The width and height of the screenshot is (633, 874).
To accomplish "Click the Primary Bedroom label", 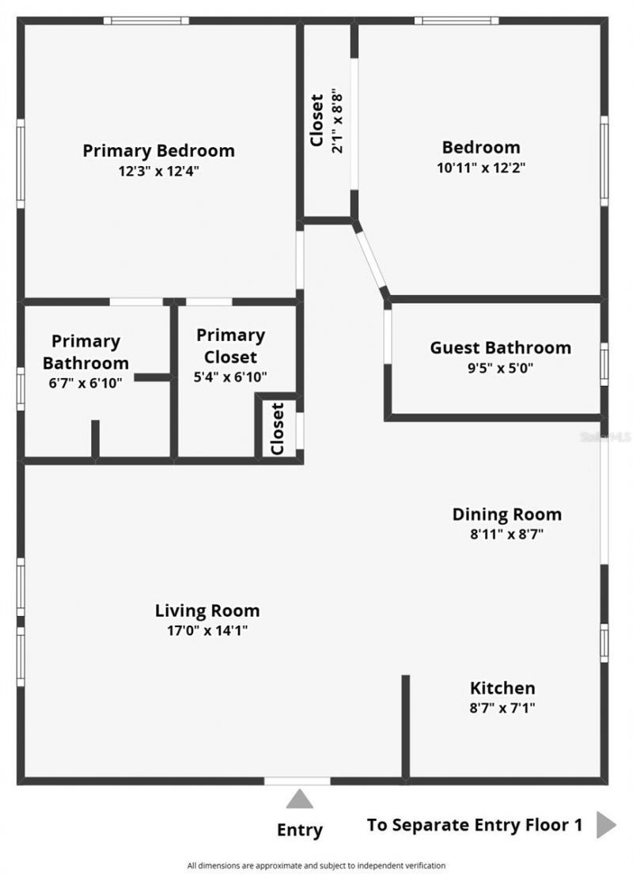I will [158, 150].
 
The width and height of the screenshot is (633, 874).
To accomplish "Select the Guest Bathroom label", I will [500, 347].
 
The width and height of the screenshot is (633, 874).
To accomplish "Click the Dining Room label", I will [506, 514].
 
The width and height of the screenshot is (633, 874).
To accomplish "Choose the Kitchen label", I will [502, 688].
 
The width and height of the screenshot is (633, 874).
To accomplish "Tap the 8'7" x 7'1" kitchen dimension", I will [502, 708].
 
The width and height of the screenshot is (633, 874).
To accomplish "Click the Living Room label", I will [207, 611].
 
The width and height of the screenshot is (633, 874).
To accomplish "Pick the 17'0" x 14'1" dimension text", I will [207, 630].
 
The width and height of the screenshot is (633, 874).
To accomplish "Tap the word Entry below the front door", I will [299, 830].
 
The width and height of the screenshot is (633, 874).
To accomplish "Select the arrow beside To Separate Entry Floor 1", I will [606, 824].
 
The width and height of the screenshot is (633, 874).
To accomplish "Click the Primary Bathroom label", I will [85, 352].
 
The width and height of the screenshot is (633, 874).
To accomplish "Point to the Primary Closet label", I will [230, 346].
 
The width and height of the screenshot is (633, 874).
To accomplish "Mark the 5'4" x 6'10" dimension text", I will [230, 376].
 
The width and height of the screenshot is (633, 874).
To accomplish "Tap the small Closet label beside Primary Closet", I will [278, 429].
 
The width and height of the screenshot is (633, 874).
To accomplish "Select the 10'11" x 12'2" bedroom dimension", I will [481, 167].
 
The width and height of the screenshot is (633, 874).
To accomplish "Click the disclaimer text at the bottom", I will [316, 865].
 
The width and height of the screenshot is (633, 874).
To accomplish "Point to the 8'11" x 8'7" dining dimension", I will [506, 534].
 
